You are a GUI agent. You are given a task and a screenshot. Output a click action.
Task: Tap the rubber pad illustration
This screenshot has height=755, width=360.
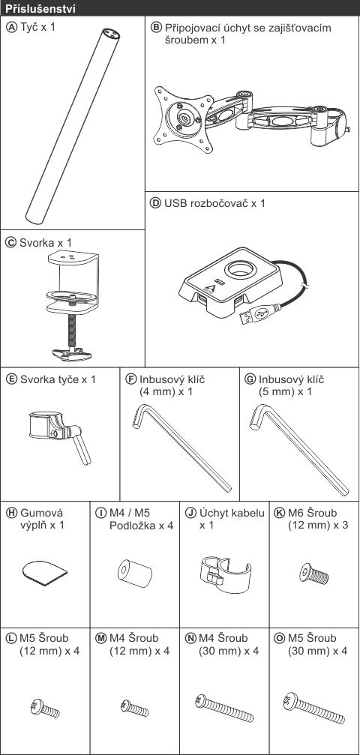45,571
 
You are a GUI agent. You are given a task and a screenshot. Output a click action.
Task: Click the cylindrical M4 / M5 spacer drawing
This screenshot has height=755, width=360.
134,573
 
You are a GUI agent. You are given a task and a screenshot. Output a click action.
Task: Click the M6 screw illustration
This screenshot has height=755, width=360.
313,574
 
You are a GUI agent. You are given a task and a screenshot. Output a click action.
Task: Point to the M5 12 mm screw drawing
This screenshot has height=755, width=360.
45,709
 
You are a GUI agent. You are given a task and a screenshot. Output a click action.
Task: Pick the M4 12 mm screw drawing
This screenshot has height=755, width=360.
134,708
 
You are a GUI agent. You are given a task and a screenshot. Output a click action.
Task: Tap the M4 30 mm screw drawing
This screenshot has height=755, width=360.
224,708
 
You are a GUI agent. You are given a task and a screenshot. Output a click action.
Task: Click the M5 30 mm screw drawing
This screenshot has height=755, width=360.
314,709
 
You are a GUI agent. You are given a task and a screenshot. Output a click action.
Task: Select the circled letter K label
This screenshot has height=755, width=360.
279,513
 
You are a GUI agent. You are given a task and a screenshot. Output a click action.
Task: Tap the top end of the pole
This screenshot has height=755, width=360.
110,34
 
